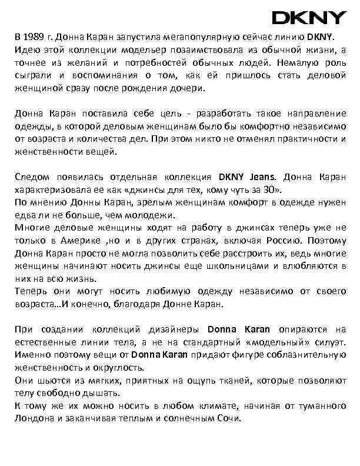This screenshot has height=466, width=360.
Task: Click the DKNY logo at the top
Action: point(309,18)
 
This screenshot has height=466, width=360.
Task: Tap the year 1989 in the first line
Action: point(35,37)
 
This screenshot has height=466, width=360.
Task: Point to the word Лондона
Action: point(34,420)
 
